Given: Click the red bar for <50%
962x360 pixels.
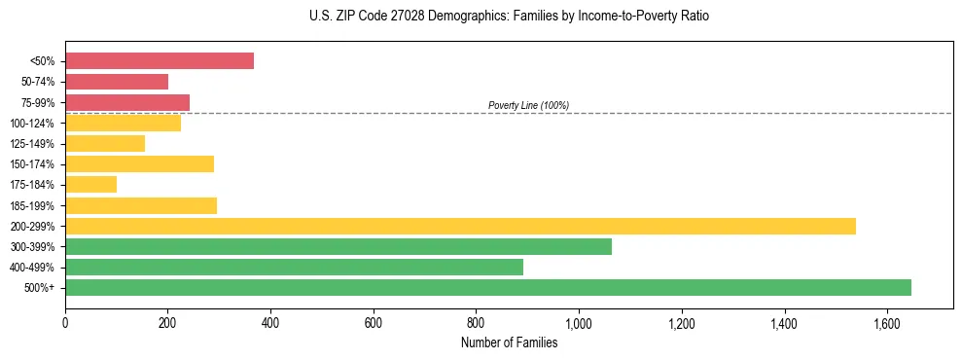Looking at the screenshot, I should [x=160, y=60].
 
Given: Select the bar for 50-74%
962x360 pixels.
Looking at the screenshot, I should [x=117, y=82].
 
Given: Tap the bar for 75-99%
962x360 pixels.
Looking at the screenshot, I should [x=127, y=102].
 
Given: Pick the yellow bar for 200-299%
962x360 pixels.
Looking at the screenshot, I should [x=460, y=226].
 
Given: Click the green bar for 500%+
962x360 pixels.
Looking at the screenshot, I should [x=488, y=287].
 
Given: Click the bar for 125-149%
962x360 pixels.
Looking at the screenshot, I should [x=105, y=143].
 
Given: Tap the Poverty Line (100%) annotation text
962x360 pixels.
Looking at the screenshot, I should [x=528, y=105].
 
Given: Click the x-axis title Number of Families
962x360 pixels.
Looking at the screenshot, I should [x=509, y=342].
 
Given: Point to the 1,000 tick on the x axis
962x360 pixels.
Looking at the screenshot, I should [x=579, y=323].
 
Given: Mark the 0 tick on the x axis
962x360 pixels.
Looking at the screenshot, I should [x=65, y=323].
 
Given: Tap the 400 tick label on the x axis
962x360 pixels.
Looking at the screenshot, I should [x=270, y=323].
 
